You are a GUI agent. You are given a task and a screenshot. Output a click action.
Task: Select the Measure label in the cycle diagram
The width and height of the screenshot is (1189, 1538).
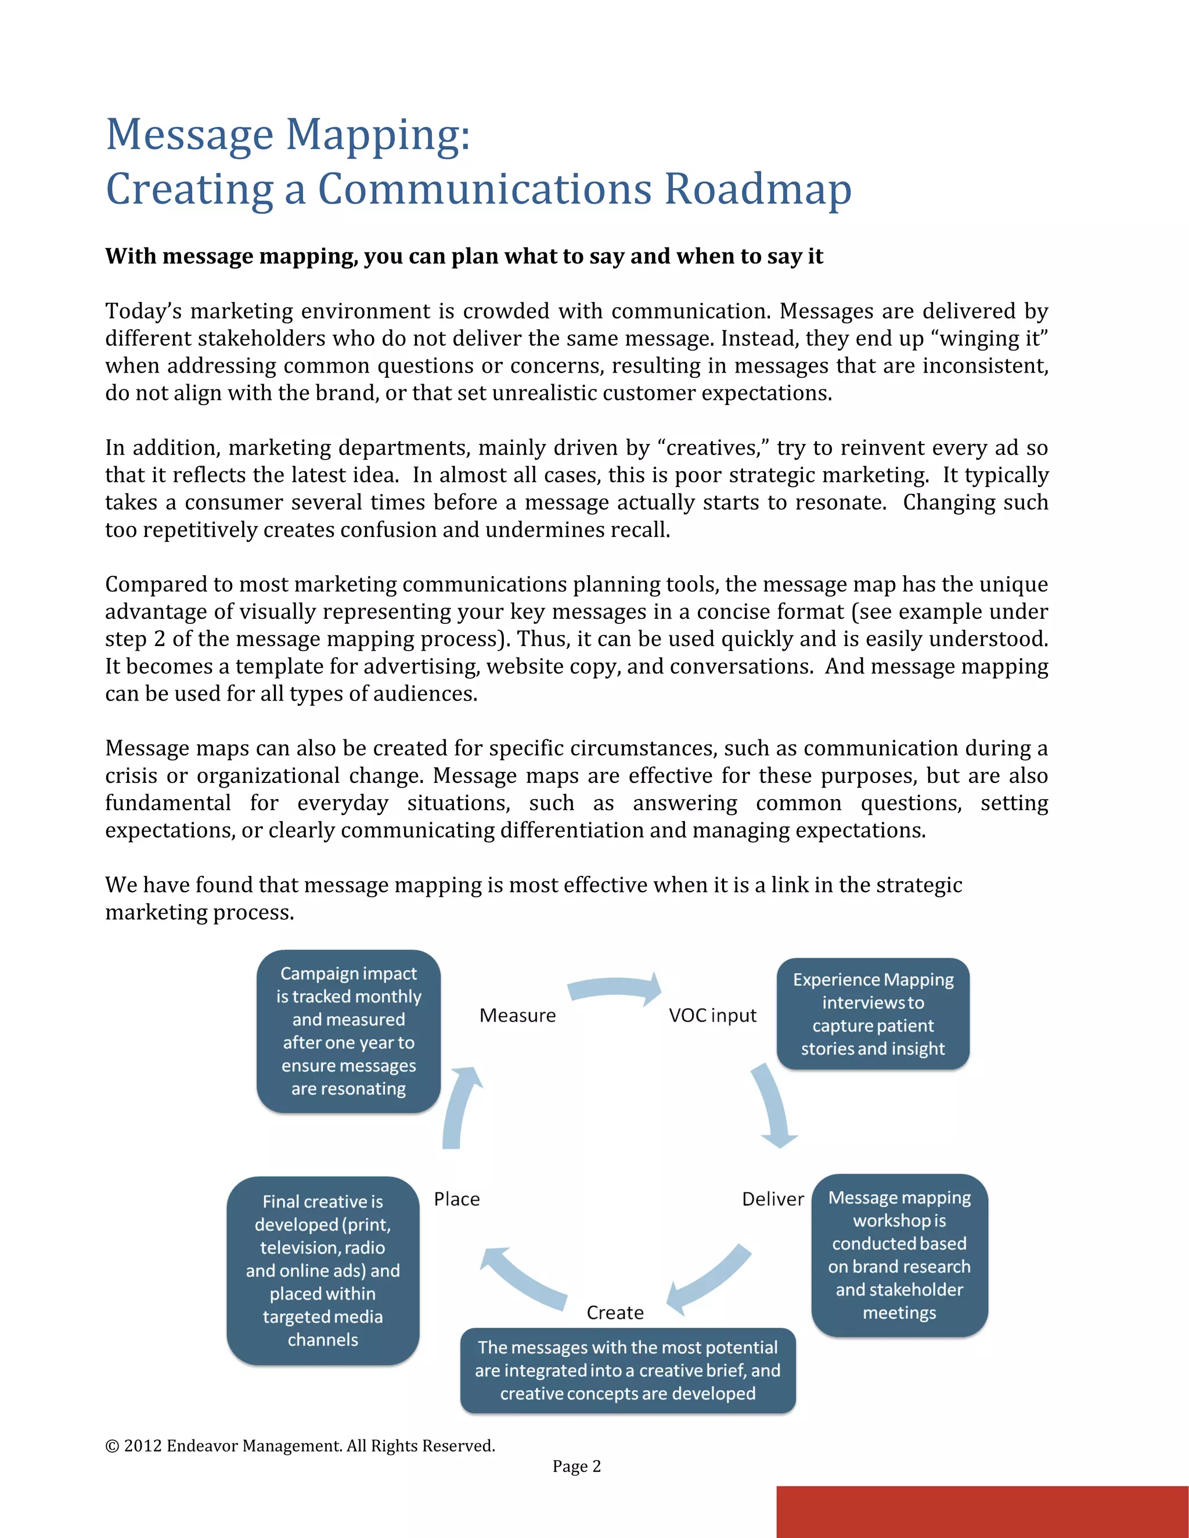click(x=518, y=1016)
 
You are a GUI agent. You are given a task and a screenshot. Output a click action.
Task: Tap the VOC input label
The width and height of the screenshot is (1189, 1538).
click(x=712, y=1016)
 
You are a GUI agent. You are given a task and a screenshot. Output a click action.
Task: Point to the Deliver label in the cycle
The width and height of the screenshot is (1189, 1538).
click(x=773, y=1199)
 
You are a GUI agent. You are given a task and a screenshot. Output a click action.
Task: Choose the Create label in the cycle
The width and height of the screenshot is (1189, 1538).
click(x=615, y=1313)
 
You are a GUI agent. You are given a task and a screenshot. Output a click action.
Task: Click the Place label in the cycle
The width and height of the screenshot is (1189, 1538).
click(x=456, y=1199)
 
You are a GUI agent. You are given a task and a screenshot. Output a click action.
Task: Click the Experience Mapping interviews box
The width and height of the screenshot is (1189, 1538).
click(x=873, y=1014)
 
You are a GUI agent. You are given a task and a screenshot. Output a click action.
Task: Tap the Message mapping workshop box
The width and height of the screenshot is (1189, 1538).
click(x=899, y=1255)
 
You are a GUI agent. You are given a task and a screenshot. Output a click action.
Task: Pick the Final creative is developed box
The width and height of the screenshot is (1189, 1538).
click(x=323, y=1270)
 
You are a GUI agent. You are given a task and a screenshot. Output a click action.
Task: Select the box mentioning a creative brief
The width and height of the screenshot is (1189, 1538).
click(x=628, y=1370)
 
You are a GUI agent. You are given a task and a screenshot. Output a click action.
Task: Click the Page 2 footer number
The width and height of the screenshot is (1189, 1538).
click(x=576, y=1466)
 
